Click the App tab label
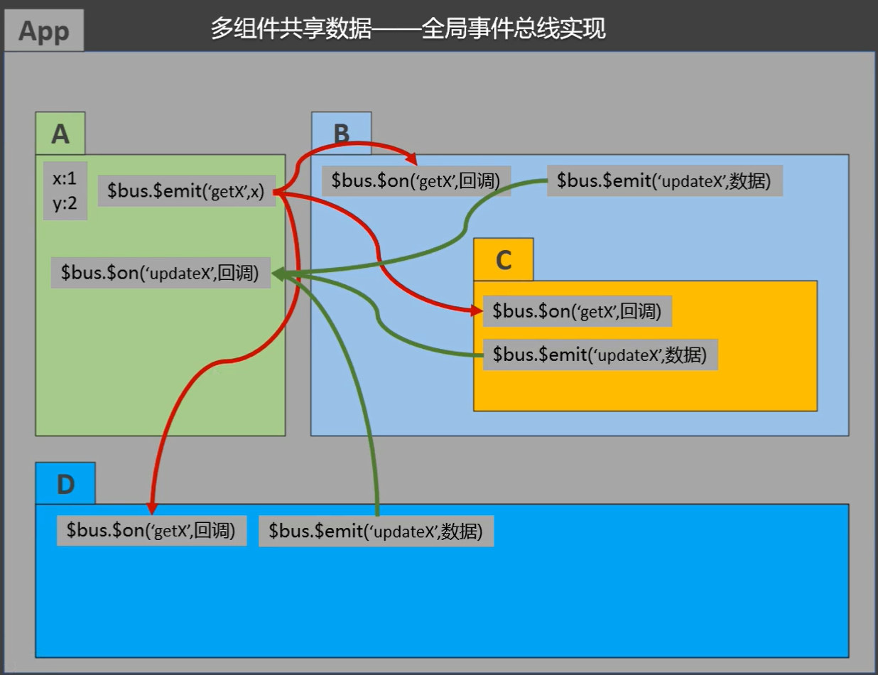(x=44, y=32)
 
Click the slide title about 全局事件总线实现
(x=408, y=29)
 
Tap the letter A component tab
(x=60, y=134)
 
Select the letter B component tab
(x=341, y=134)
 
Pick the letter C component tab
(x=503, y=261)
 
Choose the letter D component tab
(x=65, y=484)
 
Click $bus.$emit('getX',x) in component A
(x=185, y=191)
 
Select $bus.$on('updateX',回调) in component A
(x=161, y=273)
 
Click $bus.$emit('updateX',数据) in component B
(x=664, y=180)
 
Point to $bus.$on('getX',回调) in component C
(x=577, y=311)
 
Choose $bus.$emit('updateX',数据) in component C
(x=600, y=354)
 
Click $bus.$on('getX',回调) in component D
(x=151, y=531)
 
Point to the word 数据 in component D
(x=461, y=531)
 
